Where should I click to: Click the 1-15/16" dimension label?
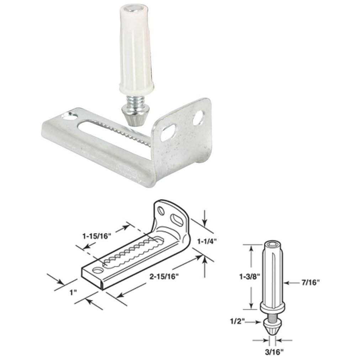[x=97, y=236]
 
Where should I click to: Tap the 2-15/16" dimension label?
[x=164, y=277]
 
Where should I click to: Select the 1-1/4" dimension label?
[x=207, y=241]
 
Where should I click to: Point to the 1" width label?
[x=73, y=292]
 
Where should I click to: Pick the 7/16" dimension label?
[x=310, y=282]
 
